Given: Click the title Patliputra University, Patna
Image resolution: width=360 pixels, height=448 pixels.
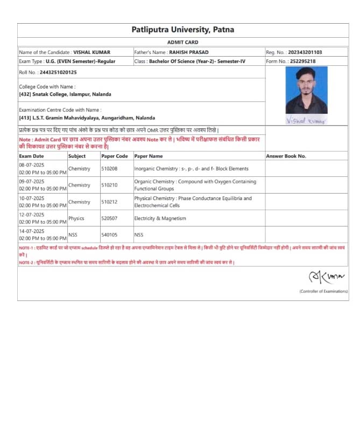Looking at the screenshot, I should pyautogui.click(x=182, y=30).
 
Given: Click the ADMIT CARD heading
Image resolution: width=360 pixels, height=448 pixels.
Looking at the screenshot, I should pyautogui.click(x=182, y=42).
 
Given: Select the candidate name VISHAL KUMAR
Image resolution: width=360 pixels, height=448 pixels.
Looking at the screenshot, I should pyautogui.click(x=91, y=52).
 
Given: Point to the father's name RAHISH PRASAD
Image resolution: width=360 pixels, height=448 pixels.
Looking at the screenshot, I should pyautogui.click(x=189, y=52).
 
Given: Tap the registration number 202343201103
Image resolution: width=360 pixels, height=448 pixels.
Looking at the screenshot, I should pyautogui.click(x=305, y=52).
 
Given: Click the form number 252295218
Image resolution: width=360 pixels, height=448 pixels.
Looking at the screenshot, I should pyautogui.click(x=302, y=61).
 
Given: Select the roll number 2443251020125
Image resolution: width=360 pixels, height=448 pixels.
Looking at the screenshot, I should pyautogui.click(x=58, y=72).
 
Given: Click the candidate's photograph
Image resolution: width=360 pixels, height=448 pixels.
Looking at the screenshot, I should pyautogui.click(x=306, y=90).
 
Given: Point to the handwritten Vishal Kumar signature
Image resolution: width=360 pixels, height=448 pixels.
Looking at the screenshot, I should pyautogui.click(x=306, y=121).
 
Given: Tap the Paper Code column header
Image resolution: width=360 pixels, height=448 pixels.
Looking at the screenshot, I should pyautogui.click(x=115, y=156).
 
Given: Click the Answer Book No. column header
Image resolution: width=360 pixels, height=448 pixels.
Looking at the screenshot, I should pyautogui.click(x=286, y=156).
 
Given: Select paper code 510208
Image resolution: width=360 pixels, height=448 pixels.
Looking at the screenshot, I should pyautogui.click(x=109, y=169).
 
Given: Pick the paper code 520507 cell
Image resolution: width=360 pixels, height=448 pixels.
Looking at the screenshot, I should pyautogui.click(x=109, y=218).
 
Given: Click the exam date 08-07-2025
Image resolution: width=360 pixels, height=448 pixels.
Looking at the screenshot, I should pyautogui.click(x=32, y=165).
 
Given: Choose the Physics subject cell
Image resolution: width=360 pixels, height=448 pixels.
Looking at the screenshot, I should pyautogui.click(x=76, y=218).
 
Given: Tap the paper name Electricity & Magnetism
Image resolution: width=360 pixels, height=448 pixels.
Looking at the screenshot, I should pyautogui.click(x=160, y=218).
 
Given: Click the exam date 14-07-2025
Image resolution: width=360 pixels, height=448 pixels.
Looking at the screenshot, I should pyautogui.click(x=32, y=231).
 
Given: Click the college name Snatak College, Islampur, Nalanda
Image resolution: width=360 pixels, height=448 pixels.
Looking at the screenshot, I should pyautogui.click(x=65, y=94).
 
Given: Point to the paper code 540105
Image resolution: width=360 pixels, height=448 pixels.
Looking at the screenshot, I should pyautogui.click(x=109, y=235).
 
